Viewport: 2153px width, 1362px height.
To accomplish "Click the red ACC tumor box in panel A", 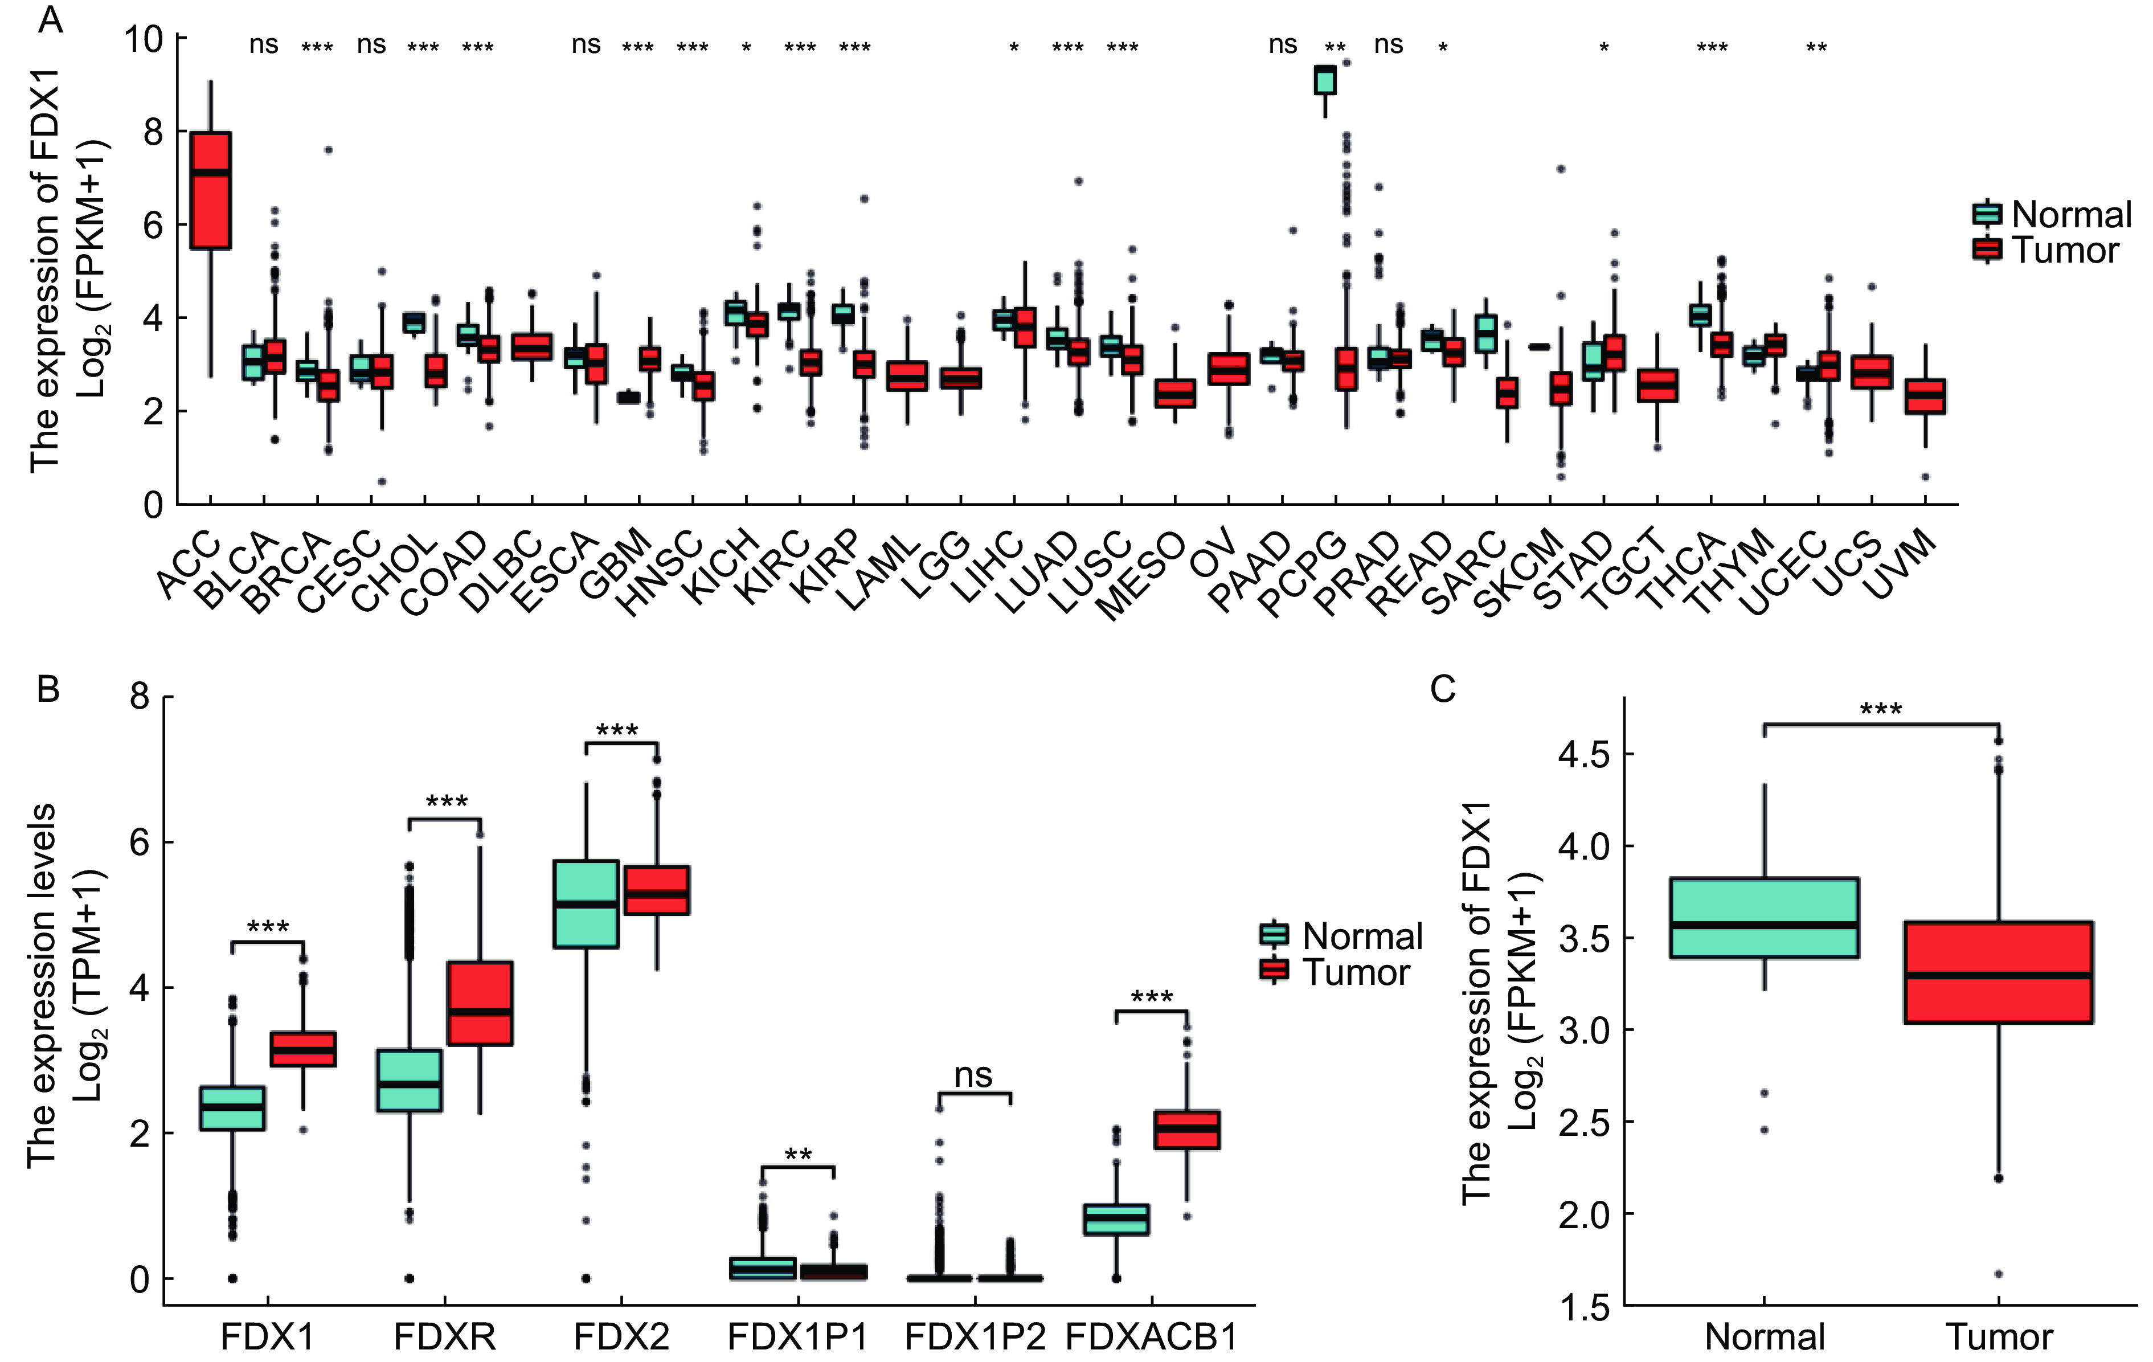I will click(x=211, y=190).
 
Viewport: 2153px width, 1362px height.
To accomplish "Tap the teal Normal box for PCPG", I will click(x=1324, y=80).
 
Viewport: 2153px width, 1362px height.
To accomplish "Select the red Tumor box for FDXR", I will click(x=480, y=1003).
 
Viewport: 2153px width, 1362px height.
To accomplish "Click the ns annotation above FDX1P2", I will click(x=973, y=1075).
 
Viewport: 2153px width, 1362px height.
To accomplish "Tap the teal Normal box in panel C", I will click(x=1764, y=918).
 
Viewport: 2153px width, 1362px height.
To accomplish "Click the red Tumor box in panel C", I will click(x=1998, y=972).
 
